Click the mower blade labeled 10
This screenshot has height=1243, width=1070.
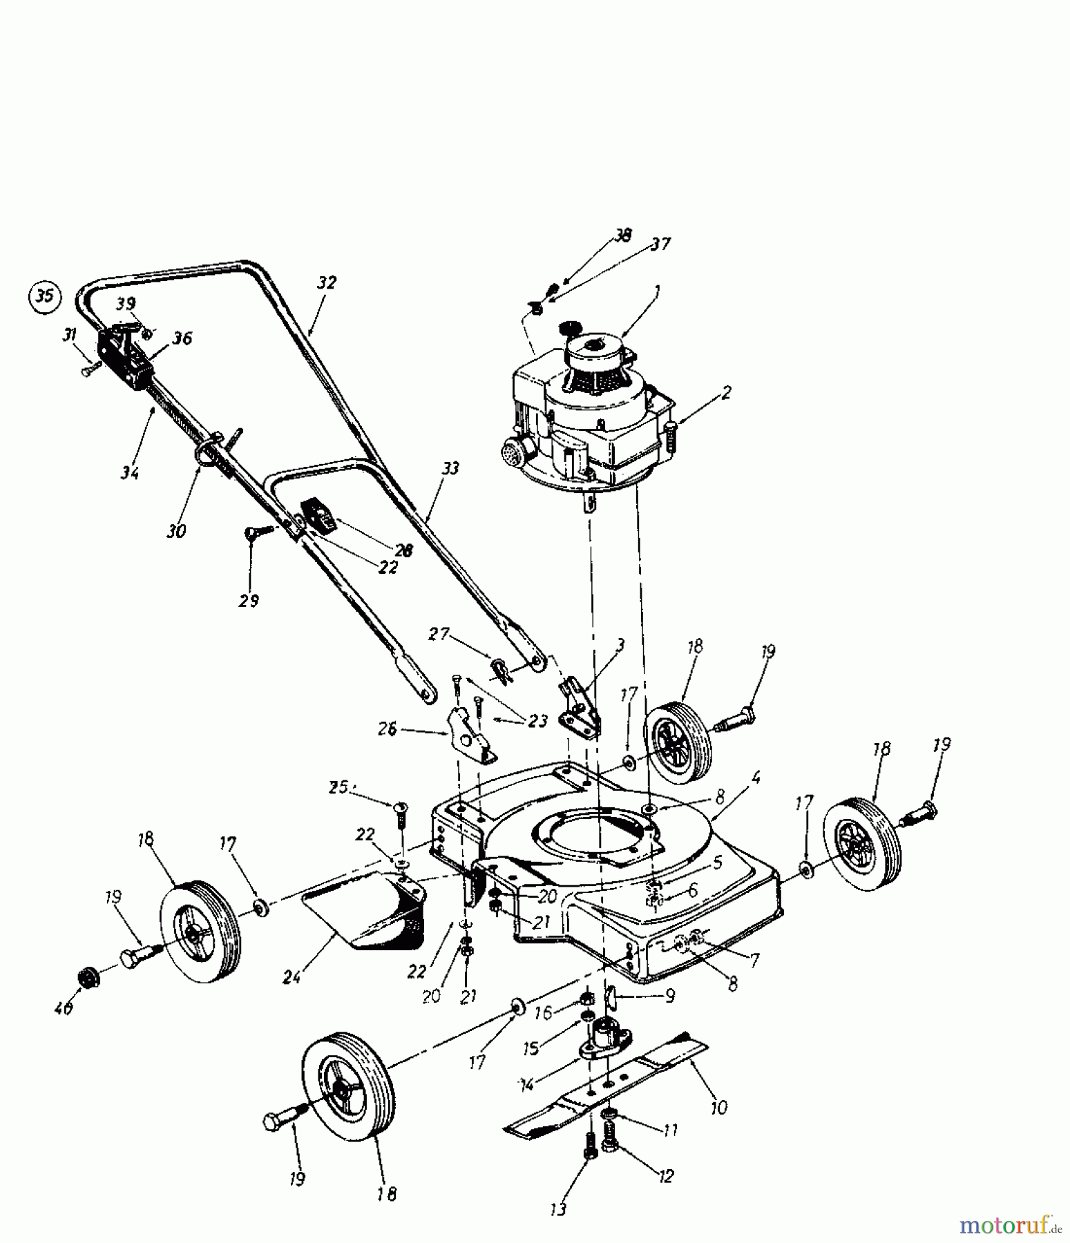608,1090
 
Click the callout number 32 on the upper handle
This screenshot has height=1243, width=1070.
327,282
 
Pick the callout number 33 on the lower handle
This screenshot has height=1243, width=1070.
450,470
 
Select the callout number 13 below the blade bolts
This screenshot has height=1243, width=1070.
558,1208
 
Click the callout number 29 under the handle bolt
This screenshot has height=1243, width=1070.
249,601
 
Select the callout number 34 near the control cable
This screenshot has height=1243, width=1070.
129,472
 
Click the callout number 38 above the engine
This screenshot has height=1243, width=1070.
623,235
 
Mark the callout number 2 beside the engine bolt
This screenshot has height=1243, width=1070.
725,393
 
